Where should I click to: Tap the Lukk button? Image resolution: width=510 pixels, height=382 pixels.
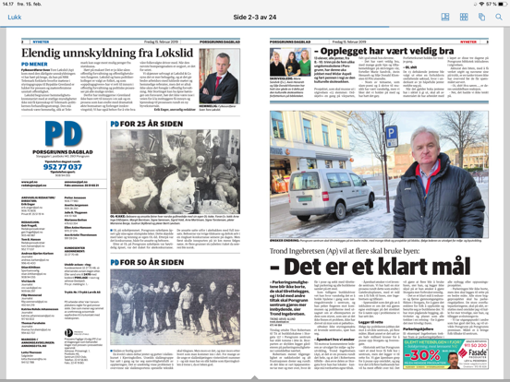point(13,18)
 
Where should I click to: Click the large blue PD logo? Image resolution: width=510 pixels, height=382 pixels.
point(43,138)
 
